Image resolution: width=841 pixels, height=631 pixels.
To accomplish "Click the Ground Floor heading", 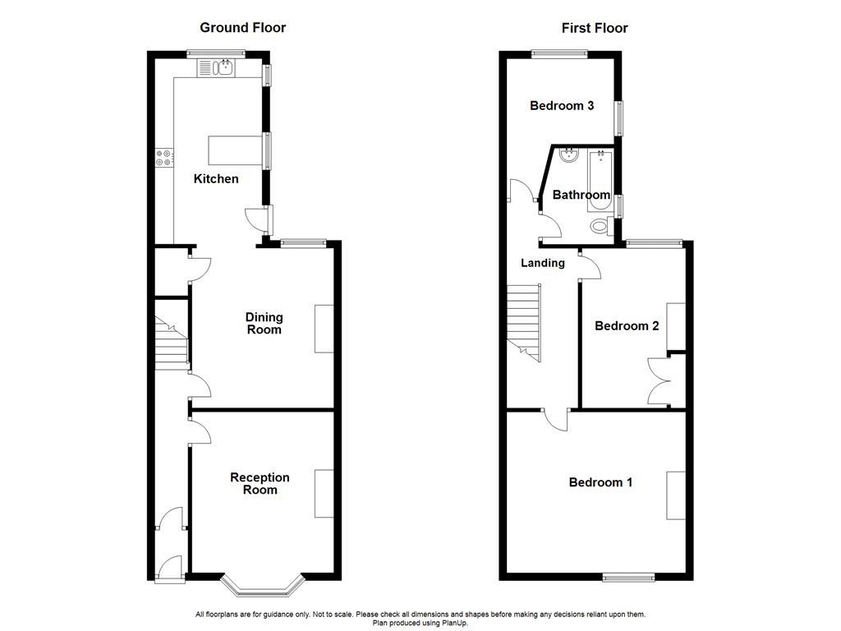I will click(x=243, y=28).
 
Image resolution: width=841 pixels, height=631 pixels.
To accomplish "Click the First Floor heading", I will click(x=595, y=28).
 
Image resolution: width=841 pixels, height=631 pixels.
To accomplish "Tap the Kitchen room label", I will click(x=216, y=178).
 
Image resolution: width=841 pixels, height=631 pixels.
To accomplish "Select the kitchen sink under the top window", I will click(x=223, y=68).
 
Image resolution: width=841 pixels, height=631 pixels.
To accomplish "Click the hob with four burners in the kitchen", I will click(x=163, y=157).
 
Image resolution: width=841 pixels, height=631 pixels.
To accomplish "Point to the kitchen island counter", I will click(x=235, y=150).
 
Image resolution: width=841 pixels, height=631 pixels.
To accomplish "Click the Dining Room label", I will click(x=264, y=323).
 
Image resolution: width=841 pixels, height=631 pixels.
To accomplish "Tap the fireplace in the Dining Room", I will click(x=324, y=329).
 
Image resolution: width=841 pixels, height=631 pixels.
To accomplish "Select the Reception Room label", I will click(x=260, y=483).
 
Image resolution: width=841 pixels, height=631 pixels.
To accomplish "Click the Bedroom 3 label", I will click(x=562, y=105).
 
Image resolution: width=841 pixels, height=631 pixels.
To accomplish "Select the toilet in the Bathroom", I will click(x=600, y=226).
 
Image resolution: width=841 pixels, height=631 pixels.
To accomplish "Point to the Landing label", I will click(x=543, y=263).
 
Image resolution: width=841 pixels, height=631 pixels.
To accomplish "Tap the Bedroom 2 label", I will click(x=627, y=325).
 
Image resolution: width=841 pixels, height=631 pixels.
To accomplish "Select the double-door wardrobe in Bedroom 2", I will click(x=660, y=381).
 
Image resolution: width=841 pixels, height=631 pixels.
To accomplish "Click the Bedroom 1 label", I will click(x=600, y=482).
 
